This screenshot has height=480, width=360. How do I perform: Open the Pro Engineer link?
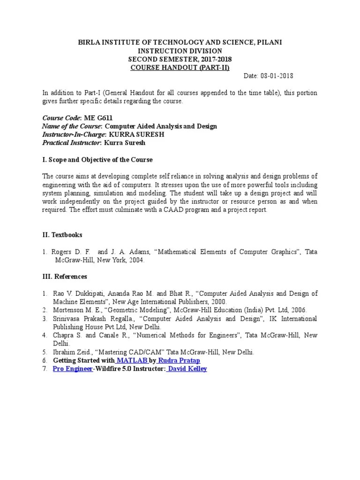[73, 369]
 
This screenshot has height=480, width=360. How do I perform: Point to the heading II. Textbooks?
[62, 234]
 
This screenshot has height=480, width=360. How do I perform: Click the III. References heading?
[65, 277]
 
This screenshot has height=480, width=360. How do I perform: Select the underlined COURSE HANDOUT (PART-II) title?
[180, 67]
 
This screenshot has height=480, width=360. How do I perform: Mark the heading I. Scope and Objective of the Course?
[97, 160]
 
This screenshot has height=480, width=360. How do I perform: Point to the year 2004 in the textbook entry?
[136, 260]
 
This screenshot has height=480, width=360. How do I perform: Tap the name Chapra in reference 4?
[63, 335]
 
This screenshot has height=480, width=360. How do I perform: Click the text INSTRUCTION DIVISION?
[180, 51]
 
